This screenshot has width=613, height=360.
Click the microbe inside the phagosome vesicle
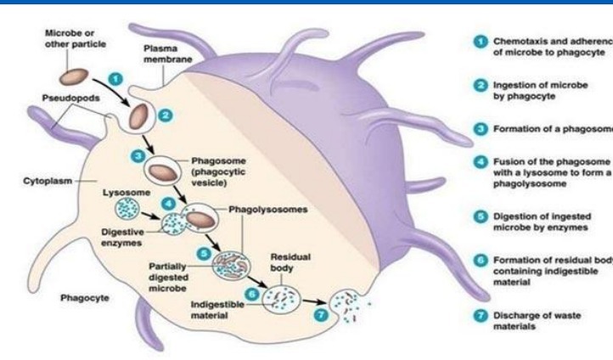click(x=161, y=172)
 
